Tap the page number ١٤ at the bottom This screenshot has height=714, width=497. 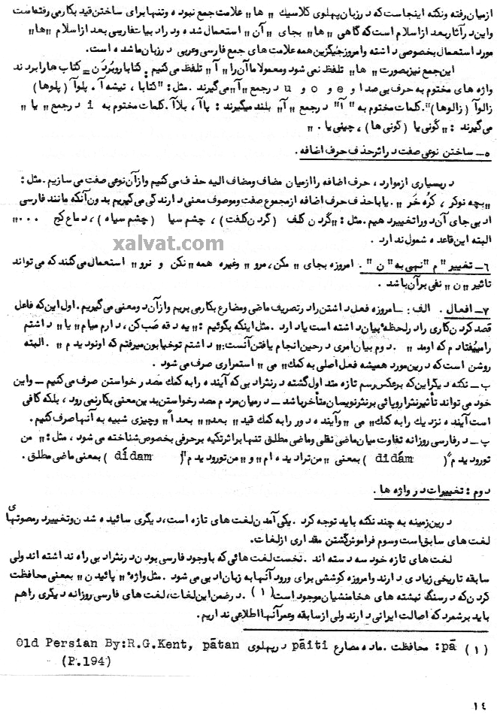(x=480, y=703)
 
